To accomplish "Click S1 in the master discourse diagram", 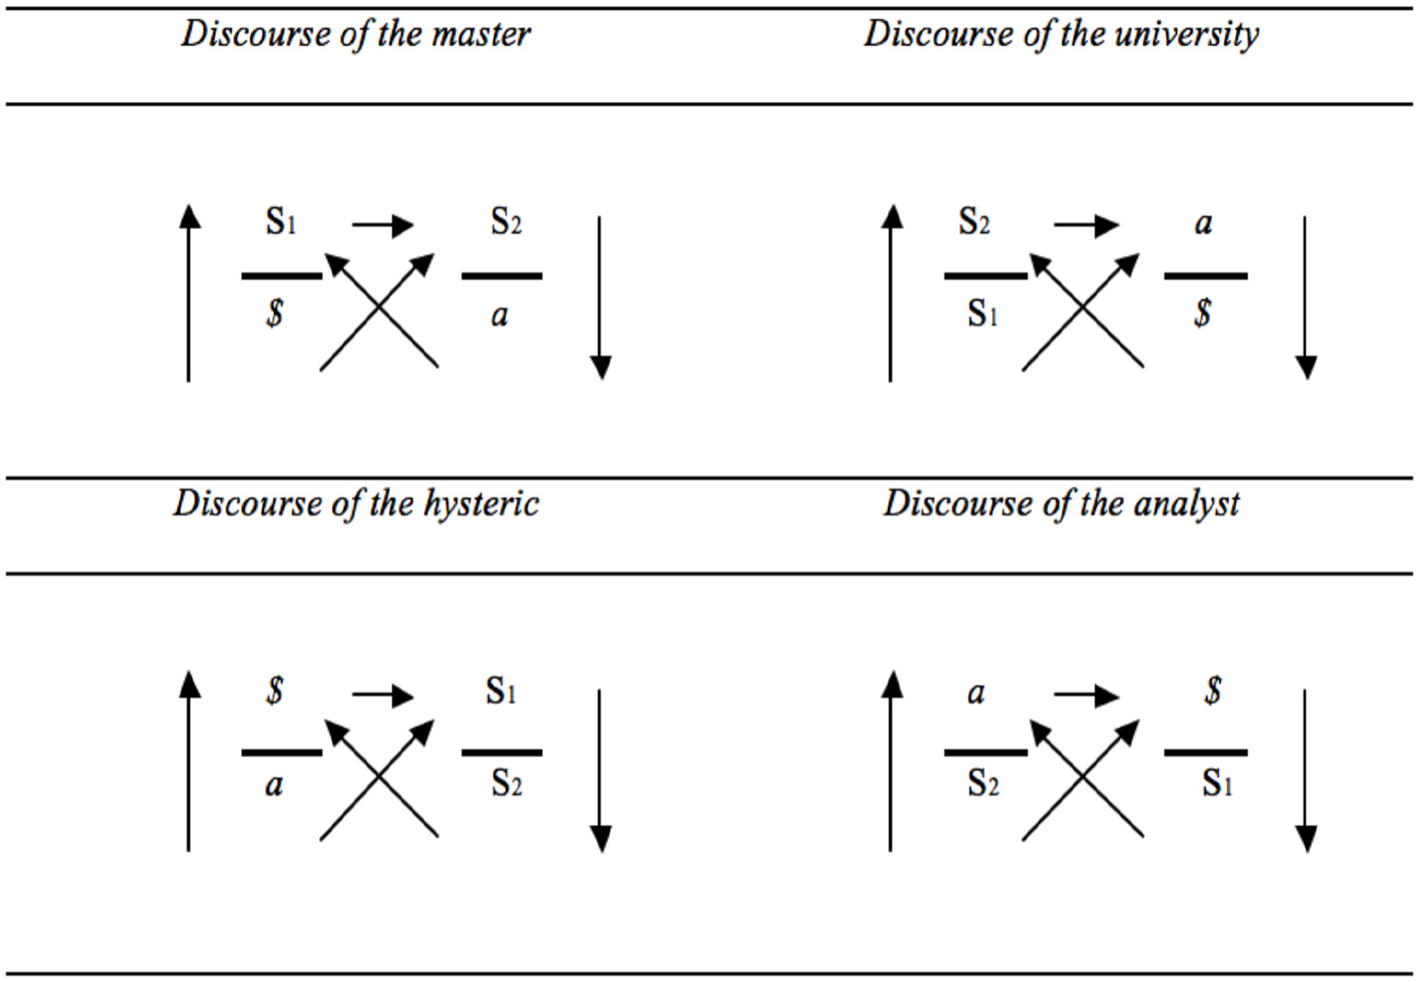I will click(x=281, y=221).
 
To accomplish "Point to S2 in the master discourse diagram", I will click(x=505, y=221).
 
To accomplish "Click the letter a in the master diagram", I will click(x=499, y=315).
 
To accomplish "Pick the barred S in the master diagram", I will click(x=274, y=314).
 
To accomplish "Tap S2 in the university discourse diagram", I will click(x=973, y=221).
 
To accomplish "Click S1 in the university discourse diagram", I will click(x=981, y=314).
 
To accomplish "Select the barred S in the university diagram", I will click(x=1203, y=314).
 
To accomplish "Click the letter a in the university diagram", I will click(x=1203, y=224).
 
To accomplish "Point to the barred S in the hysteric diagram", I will click(x=274, y=690).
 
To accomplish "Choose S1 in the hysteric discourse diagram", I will click(x=501, y=690).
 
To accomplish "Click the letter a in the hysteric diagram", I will click(x=273, y=785).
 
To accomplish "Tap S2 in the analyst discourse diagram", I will click(x=982, y=783).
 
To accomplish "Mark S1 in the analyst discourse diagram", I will click(x=1216, y=783).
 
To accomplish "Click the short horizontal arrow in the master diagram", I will click(x=382, y=225).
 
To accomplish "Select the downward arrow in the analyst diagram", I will click(x=1304, y=770).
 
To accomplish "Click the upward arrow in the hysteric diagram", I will click(x=189, y=761).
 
